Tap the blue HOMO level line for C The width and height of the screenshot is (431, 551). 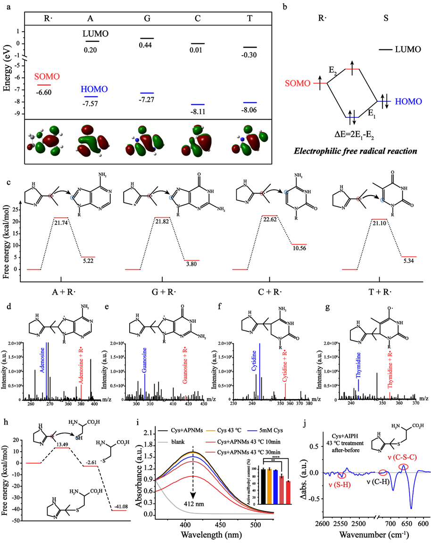pyautogui.click(x=198, y=104)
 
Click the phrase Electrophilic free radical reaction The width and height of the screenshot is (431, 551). pyautogui.click(x=354, y=151)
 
